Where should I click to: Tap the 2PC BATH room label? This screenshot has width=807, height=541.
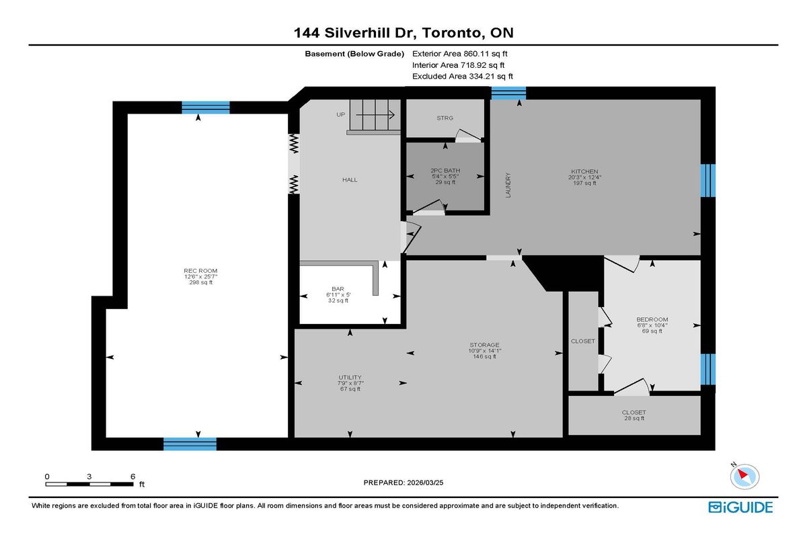[445, 171]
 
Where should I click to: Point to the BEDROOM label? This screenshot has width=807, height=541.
[652, 319]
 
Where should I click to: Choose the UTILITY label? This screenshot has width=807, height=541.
[350, 377]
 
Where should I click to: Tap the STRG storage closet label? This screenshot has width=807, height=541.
[445, 118]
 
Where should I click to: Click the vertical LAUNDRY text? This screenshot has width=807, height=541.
[508, 185]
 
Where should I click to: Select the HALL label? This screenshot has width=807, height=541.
[350, 180]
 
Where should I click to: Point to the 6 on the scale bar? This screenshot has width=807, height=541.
[132, 476]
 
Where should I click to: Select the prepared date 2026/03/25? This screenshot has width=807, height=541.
[403, 483]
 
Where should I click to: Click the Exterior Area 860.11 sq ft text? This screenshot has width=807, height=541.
[464, 54]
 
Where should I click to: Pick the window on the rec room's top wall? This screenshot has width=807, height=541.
[206, 108]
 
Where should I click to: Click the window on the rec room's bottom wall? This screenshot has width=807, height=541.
[190, 444]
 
